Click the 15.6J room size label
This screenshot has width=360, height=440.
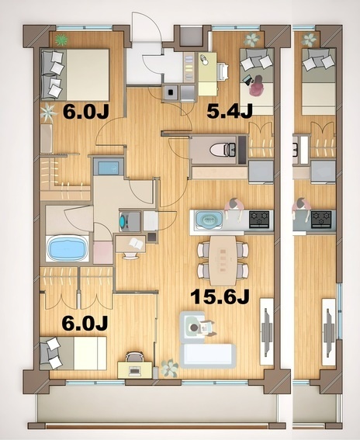[x=220, y=296]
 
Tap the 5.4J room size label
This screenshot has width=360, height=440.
[x=230, y=111]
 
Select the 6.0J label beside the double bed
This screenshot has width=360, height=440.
[x=86, y=112]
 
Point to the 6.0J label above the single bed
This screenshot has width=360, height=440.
[x=85, y=323]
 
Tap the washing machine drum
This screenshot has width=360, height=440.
[x=123, y=221]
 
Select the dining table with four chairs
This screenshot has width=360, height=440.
[x=223, y=261]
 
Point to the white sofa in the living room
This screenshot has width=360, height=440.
[x=208, y=355]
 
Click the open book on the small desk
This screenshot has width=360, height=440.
[x=137, y=243]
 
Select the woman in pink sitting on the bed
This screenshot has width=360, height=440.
[x=257, y=86]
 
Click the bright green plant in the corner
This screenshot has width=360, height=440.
[x=61, y=40]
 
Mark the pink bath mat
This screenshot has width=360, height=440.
[x=103, y=252]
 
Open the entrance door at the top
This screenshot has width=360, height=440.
[x=147, y=27]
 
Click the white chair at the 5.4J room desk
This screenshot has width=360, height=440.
[x=223, y=71]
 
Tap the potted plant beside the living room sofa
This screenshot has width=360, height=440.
[x=169, y=368]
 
